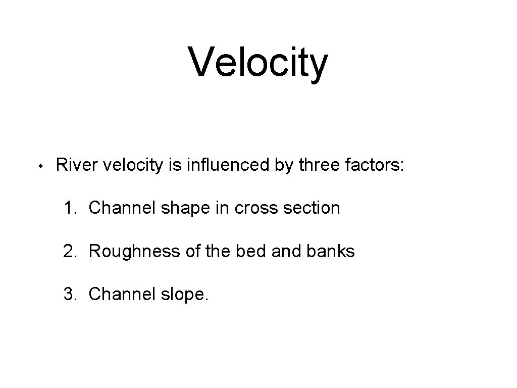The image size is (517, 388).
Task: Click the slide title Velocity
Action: click(258, 63)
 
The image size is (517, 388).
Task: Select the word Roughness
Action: click(132, 251)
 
